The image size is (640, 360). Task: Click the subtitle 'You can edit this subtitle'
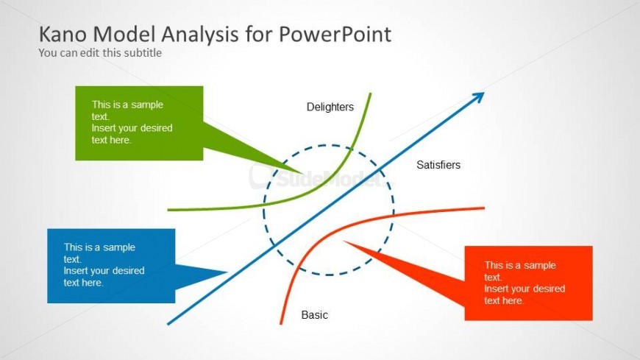click(x=100, y=53)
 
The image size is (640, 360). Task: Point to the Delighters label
click(x=330, y=107)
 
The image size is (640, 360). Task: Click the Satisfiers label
click(x=438, y=165)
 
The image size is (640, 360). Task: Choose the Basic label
click(x=315, y=315)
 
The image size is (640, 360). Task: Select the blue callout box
click(x=111, y=266)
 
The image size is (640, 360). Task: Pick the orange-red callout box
click(x=528, y=283)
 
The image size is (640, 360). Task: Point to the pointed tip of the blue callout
click(x=227, y=272)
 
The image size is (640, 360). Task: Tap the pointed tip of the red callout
click(x=344, y=241)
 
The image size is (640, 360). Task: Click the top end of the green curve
click(x=370, y=93)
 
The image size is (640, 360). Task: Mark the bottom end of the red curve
click(x=281, y=323)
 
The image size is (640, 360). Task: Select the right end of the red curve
click(x=484, y=208)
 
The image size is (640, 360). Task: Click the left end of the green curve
click(x=168, y=210)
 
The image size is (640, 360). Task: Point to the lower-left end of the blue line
click(x=168, y=323)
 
